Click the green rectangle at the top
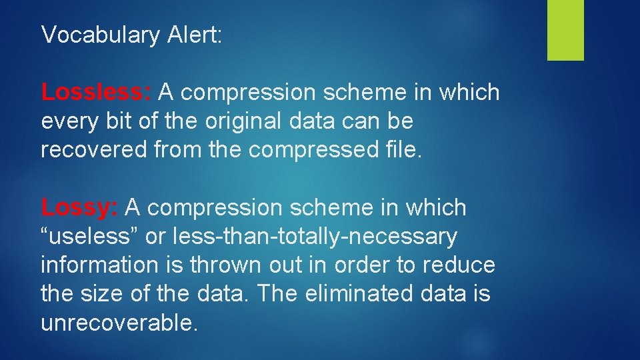(565, 30)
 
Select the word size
(101, 293)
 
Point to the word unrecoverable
(119, 323)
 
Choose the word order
(360, 265)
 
